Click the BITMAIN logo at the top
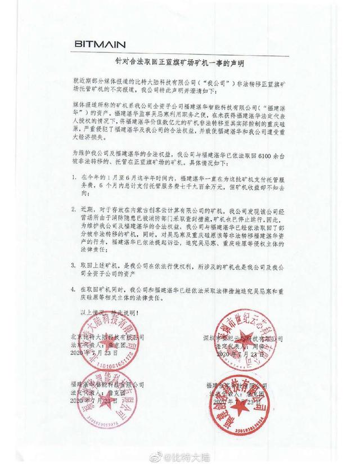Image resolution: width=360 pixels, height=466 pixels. (x=100, y=43)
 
